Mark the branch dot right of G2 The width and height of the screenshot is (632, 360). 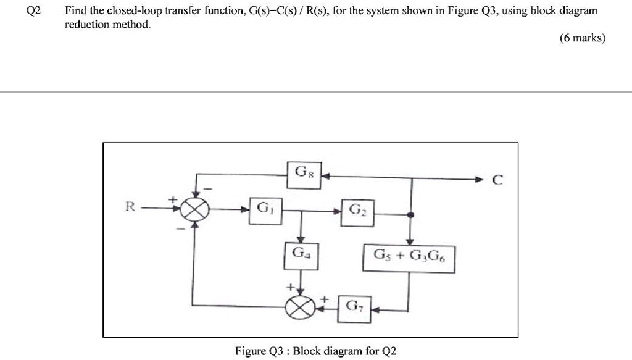pyautogui.click(x=412, y=215)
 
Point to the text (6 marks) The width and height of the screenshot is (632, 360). pyautogui.click(x=583, y=38)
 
